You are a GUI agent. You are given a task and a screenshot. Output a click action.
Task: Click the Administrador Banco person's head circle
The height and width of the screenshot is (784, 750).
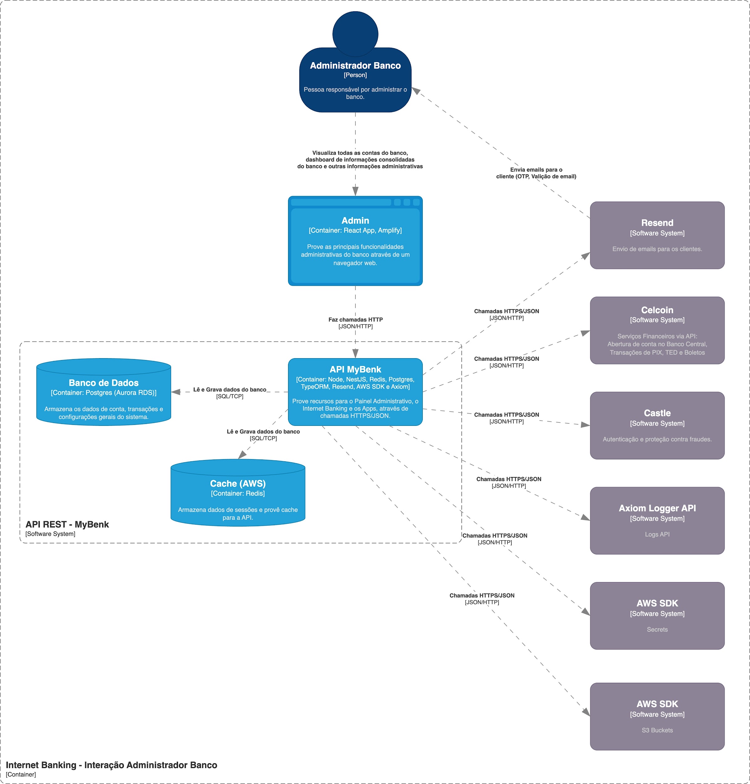[x=355, y=34]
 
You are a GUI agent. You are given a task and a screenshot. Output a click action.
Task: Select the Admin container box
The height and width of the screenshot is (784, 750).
[x=355, y=241]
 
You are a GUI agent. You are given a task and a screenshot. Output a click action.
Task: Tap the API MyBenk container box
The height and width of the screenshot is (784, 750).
[x=355, y=392]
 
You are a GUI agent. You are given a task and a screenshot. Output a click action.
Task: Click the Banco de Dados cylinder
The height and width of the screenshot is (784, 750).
[x=103, y=392]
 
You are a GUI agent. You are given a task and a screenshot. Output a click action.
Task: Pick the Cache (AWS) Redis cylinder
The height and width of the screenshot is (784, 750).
[x=238, y=492]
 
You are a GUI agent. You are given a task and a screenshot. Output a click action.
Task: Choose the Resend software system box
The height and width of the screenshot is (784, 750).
[x=657, y=235]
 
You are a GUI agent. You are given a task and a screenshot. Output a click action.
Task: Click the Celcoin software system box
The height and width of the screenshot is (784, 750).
[x=657, y=331]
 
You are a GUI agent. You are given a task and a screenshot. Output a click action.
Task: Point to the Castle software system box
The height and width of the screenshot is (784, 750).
[x=657, y=425]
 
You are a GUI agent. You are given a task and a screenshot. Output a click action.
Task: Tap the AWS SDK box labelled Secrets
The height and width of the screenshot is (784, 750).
[x=657, y=616]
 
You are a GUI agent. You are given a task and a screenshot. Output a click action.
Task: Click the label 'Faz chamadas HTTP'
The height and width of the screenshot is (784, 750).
[x=355, y=320]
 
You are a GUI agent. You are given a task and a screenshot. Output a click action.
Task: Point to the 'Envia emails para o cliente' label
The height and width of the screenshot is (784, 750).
[x=536, y=173]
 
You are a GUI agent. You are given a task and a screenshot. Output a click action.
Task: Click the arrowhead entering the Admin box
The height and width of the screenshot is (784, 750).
[x=355, y=191]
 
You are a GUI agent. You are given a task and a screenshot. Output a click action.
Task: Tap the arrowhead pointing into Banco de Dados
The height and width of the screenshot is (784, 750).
[x=176, y=392]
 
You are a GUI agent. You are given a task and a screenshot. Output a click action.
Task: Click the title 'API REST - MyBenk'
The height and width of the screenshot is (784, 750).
[x=67, y=524]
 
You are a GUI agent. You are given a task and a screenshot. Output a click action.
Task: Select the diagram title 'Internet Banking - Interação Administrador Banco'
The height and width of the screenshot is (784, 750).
[x=112, y=765]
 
